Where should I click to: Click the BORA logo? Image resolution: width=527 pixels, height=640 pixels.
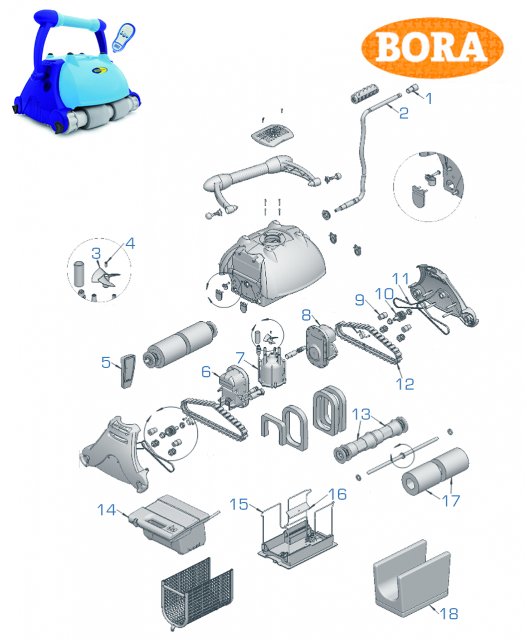[432, 47]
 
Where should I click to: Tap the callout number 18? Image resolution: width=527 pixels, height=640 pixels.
[448, 613]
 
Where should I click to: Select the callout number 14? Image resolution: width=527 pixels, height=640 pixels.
[106, 510]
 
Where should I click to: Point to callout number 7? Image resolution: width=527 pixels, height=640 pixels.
[240, 357]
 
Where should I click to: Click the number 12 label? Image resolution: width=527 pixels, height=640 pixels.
[404, 384]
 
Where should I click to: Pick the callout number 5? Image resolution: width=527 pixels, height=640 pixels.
[106, 362]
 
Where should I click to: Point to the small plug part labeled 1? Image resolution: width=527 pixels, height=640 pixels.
[412, 89]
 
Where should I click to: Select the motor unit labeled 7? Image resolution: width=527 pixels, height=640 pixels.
[271, 366]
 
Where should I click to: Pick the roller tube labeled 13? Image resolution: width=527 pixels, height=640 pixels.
[370, 439]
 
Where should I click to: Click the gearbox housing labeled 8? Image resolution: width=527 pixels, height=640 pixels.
[321, 347]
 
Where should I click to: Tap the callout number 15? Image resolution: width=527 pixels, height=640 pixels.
[239, 504]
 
